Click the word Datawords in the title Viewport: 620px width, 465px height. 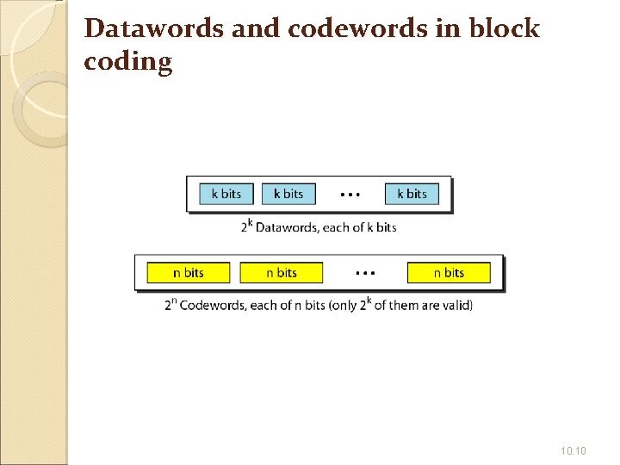pyautogui.click(x=156, y=28)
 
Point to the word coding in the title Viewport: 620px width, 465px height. pyautogui.click(x=128, y=62)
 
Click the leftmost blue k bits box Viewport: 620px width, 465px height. pyautogui.click(x=226, y=194)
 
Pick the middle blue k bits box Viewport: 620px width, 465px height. pyautogui.click(x=288, y=194)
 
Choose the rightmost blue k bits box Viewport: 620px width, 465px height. pyautogui.click(x=412, y=194)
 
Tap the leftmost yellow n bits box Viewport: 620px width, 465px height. pyautogui.click(x=189, y=273)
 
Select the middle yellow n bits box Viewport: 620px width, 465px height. pyautogui.click(x=281, y=273)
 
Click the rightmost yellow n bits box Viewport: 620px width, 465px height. pyautogui.click(x=449, y=273)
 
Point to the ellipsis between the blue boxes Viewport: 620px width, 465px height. pyautogui.click(x=350, y=195)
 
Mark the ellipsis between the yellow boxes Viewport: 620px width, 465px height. pyautogui.click(x=365, y=273)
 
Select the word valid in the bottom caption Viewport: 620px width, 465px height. pyautogui.click(x=456, y=307)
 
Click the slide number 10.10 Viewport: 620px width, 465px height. pyautogui.click(x=573, y=449)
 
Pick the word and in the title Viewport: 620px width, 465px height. pyautogui.click(x=256, y=28)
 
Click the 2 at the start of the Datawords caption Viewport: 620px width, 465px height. pyautogui.click(x=245, y=228)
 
